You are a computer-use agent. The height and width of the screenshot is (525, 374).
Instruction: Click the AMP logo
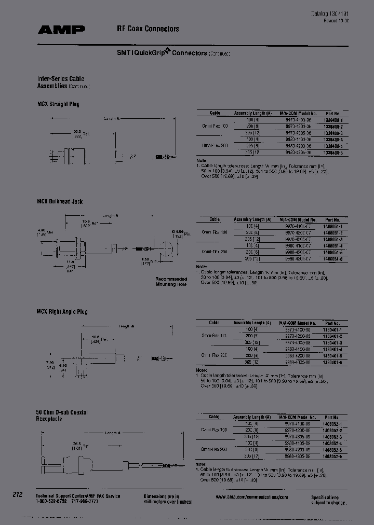[x=61, y=30]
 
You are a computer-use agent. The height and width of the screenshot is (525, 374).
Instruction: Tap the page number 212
[x=18, y=495]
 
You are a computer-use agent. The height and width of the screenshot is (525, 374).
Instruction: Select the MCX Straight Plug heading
[x=58, y=104]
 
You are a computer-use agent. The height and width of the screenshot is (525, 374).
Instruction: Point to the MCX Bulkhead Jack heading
[x=59, y=201]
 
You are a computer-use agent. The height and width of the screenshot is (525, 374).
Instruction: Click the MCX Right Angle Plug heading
[x=62, y=311]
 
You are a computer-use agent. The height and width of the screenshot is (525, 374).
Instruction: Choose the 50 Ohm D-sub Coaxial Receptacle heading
[x=61, y=415]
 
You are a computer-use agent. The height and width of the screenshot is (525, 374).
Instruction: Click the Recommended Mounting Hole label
[x=171, y=282]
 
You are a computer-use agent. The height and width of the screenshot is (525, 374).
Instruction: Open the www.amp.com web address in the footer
[x=252, y=497]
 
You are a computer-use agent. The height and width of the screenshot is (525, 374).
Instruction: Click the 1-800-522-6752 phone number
[x=51, y=501]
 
